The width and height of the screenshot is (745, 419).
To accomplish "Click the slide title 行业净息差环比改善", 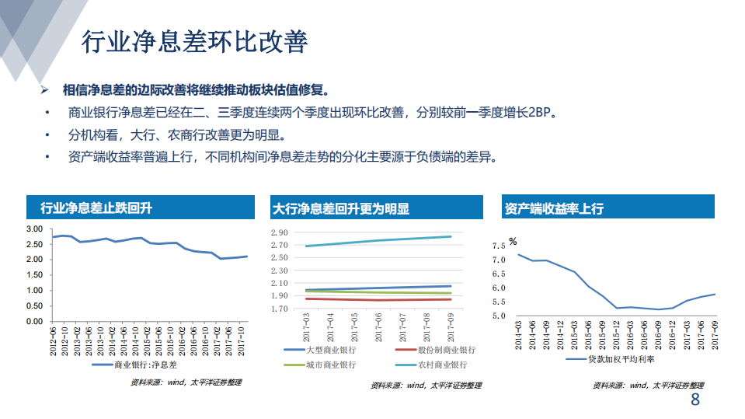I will coord(195,42).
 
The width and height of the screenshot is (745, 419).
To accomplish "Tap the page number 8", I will coord(695,401).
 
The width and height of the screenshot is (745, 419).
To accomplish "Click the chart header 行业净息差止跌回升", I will coord(96,208).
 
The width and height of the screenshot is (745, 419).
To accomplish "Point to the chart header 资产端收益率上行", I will coord(554,208).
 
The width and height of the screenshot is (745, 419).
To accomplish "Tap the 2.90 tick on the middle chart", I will coord(279,233).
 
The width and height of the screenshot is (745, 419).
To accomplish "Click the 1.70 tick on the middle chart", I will coord(279,309).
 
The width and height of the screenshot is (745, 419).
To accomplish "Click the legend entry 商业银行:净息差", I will coord(141,364).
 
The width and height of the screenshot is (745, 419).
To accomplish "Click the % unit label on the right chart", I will coord(513,242).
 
